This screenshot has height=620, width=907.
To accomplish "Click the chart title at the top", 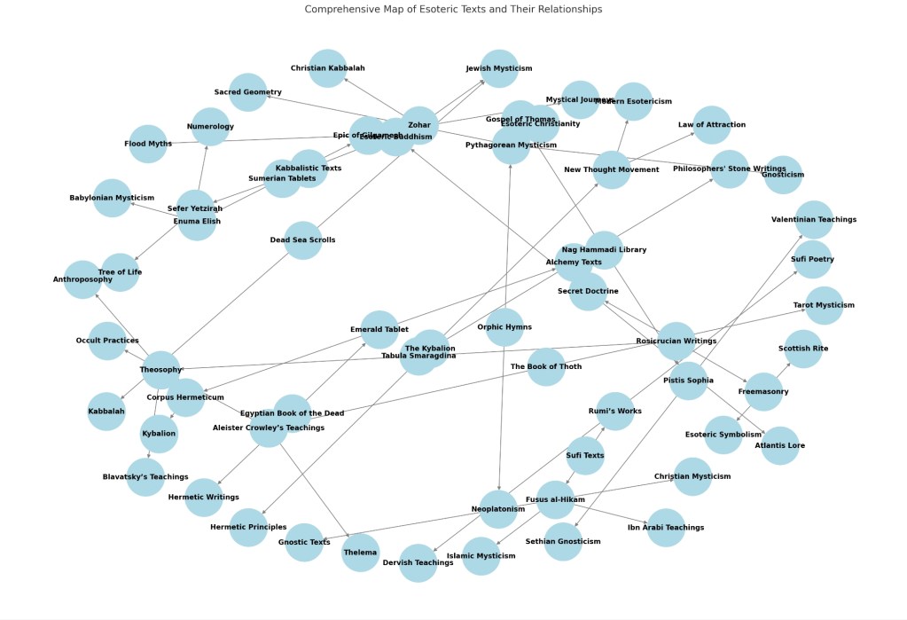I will click(x=453, y=9).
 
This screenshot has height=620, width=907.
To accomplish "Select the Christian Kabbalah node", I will click(x=327, y=68).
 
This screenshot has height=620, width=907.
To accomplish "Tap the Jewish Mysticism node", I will click(x=499, y=68).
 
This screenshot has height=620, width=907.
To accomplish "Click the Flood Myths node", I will click(x=148, y=144).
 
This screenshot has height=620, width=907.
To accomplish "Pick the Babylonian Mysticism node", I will click(x=112, y=198).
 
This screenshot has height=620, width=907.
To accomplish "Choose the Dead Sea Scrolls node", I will click(x=302, y=240).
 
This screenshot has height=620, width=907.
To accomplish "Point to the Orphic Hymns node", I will click(x=504, y=326).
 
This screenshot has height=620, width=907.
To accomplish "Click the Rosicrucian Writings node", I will click(x=676, y=341).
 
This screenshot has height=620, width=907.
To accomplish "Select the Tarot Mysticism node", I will click(x=824, y=305).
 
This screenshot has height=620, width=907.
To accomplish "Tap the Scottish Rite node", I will click(x=803, y=349).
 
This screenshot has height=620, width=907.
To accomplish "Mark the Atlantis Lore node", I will click(x=780, y=445).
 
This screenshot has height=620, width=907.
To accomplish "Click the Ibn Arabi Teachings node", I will click(x=665, y=528).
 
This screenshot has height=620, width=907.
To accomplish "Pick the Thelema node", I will click(x=360, y=553).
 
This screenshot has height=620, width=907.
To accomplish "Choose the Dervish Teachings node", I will click(x=418, y=562).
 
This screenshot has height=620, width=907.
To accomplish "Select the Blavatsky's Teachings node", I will click(x=145, y=476).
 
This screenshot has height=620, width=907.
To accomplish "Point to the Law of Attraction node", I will click(x=712, y=125).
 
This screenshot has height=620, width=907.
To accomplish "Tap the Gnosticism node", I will click(x=783, y=175).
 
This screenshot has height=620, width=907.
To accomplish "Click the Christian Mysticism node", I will click(x=692, y=476).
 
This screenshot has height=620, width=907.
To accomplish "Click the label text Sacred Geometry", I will click(x=248, y=92).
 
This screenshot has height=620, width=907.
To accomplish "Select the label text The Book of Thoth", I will click(x=546, y=366).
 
